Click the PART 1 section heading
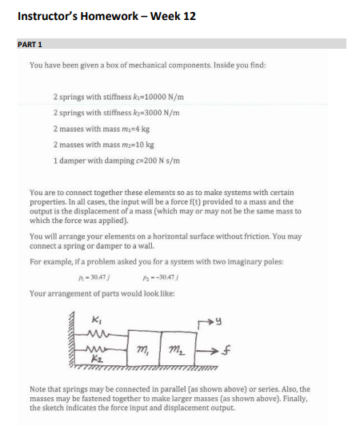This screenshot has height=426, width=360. [x=30, y=44]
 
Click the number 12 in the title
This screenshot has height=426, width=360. [x=186, y=16]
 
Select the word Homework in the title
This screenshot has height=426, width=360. [x=118, y=16]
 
